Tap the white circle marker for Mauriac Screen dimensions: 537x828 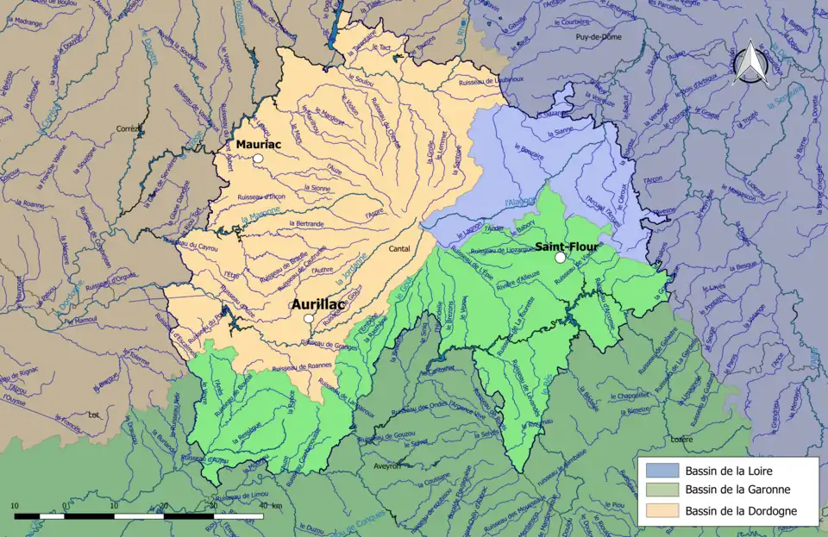point(257,159)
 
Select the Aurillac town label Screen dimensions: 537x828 point(318,304)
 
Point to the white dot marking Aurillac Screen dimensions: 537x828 point(309,319)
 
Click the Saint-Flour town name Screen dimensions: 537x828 point(566,246)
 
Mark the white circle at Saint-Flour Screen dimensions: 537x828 point(560,257)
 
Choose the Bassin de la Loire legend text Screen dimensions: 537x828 point(735,471)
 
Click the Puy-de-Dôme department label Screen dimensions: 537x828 point(598,38)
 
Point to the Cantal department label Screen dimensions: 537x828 point(400,248)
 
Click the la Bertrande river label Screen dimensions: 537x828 point(307,223)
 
